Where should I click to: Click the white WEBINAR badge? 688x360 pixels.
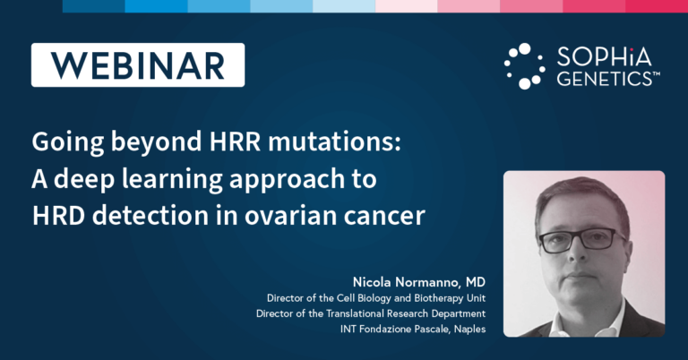pos(137,65)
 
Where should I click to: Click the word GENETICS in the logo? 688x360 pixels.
pos(606,79)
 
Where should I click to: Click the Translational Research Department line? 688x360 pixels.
pos(371,313)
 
